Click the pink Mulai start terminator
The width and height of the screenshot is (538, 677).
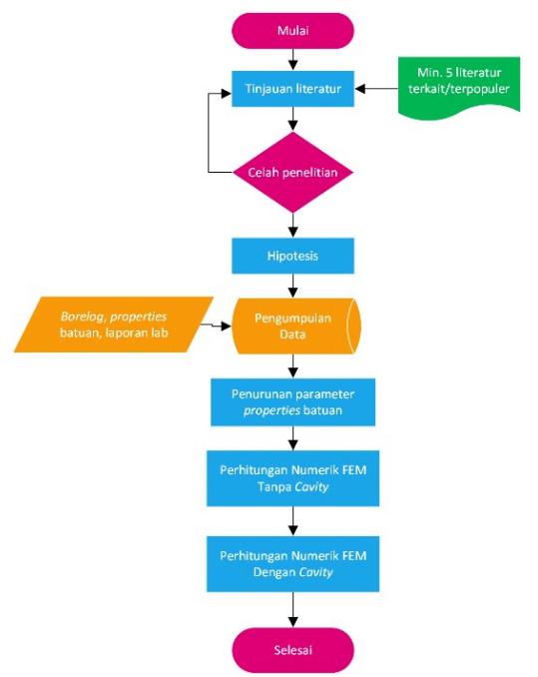pyautogui.click(x=292, y=31)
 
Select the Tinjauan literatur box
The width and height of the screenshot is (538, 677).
pyautogui.click(x=292, y=89)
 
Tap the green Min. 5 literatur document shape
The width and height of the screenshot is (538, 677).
pyautogui.click(x=459, y=86)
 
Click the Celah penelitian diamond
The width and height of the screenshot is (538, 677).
pyautogui.click(x=292, y=173)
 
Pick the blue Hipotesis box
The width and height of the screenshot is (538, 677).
pyautogui.click(x=292, y=256)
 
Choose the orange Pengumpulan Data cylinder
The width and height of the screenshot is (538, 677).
pyautogui.click(x=296, y=326)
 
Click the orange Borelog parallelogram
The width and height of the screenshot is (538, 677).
pyautogui.click(x=114, y=325)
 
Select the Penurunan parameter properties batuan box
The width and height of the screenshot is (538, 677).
pyautogui.click(x=292, y=402)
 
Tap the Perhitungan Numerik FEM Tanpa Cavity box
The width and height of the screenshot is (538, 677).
pyautogui.click(x=292, y=478)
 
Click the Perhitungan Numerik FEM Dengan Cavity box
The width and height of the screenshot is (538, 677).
pyautogui.click(x=292, y=564)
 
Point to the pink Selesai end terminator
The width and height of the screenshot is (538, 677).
pyautogui.click(x=292, y=650)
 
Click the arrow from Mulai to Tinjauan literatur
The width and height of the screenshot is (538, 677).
pyautogui.click(x=292, y=60)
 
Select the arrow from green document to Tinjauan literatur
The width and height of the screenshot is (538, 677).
pyautogui.click(x=376, y=89)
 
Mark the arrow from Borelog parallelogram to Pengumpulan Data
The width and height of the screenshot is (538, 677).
pyautogui.click(x=216, y=326)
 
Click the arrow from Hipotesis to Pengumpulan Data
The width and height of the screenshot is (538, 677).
pyautogui.click(x=292, y=286)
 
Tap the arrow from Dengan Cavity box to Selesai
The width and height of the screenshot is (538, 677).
pyautogui.click(x=292, y=610)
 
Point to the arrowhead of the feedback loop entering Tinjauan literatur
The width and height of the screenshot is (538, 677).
pyautogui.click(x=227, y=93)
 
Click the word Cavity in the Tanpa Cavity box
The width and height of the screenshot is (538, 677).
pyautogui.click(x=311, y=487)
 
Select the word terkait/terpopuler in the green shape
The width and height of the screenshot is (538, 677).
pyautogui.click(x=459, y=89)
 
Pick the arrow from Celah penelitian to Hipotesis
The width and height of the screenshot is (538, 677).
pyautogui.click(x=292, y=226)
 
